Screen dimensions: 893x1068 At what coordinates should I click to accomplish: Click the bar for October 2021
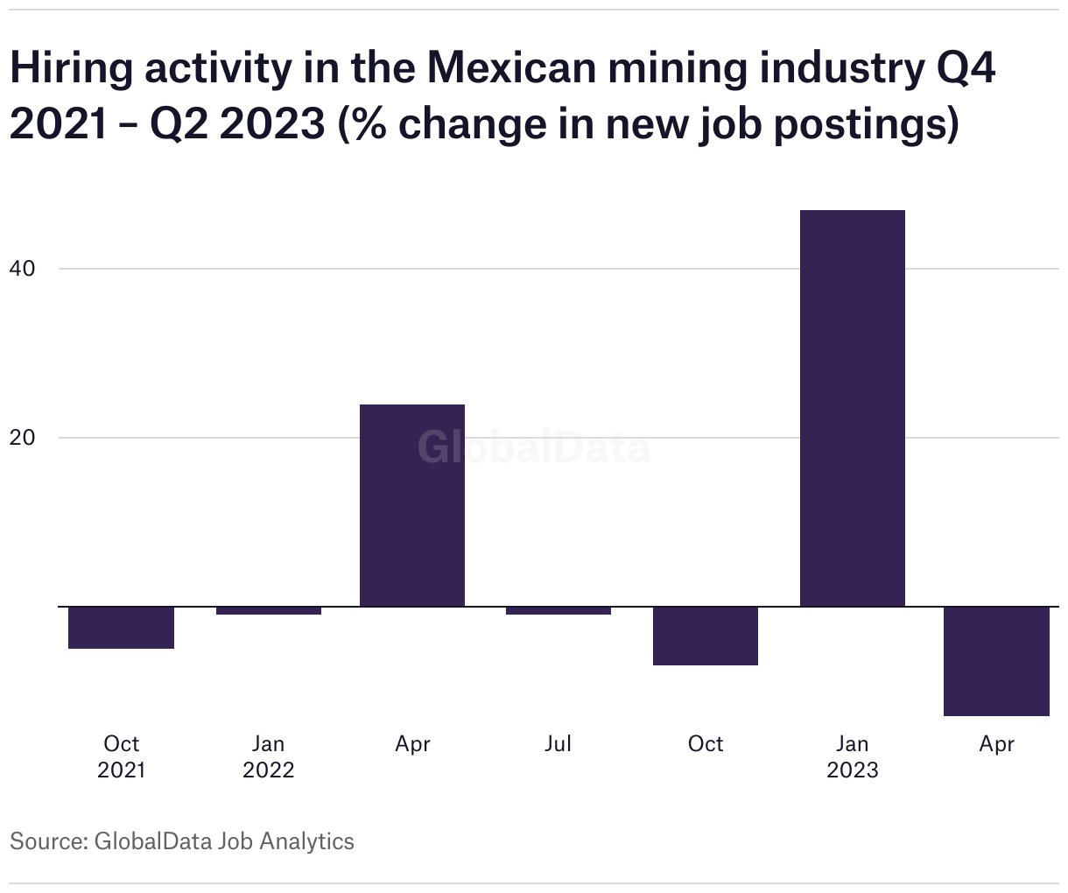(121, 627)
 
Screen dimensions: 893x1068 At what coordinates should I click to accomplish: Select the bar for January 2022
(269, 610)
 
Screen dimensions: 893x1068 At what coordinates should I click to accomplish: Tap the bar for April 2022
(412, 505)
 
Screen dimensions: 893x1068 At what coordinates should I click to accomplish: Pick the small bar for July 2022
(559, 610)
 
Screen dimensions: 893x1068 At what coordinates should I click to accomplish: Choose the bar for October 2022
(706, 636)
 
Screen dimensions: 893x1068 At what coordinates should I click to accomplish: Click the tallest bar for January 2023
(853, 408)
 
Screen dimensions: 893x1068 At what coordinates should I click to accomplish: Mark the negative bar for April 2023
(996, 661)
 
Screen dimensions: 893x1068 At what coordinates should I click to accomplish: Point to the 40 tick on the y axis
(23, 268)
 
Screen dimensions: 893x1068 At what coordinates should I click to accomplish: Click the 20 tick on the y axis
(23, 437)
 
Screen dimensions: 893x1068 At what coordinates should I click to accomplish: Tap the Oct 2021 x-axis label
(121, 756)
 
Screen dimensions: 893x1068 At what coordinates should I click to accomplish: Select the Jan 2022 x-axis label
(269, 756)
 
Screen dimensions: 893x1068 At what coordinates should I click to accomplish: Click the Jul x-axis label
(558, 743)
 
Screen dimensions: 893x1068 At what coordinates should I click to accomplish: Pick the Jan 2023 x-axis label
(853, 756)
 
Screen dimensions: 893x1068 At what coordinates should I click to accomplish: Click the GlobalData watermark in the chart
(533, 447)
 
